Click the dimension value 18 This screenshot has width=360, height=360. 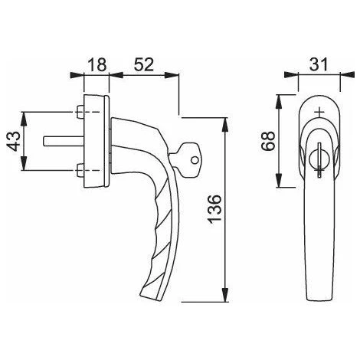97,64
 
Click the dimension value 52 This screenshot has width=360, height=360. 144,64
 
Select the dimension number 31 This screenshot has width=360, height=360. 319,64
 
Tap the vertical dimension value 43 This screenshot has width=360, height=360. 13,141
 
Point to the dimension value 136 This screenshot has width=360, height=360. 214,209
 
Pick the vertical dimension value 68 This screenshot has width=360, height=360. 268,141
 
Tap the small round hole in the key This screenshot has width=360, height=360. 195,160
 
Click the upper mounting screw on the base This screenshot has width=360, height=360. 80,112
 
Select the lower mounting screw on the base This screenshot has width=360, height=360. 80,170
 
